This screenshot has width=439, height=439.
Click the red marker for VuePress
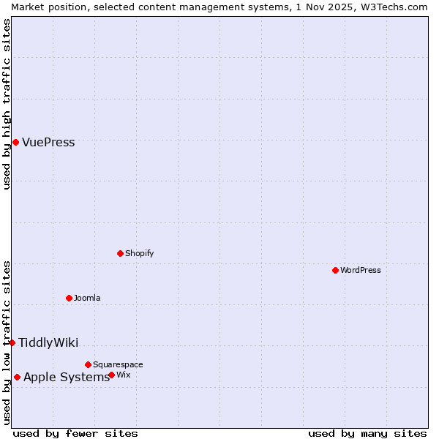(x=15, y=142)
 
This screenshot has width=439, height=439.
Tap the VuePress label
(x=48, y=143)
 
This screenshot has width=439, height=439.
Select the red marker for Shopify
(x=120, y=253)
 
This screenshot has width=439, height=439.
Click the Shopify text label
(x=139, y=254)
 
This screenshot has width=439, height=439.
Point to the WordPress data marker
(x=335, y=270)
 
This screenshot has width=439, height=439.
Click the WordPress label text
(x=360, y=271)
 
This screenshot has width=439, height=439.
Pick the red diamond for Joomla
(x=69, y=298)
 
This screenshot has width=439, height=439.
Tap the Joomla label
(x=87, y=299)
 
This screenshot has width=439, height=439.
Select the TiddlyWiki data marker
(x=12, y=342)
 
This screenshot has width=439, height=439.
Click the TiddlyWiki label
(x=48, y=343)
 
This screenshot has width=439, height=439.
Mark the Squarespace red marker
(x=88, y=364)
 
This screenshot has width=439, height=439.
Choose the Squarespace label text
(x=118, y=365)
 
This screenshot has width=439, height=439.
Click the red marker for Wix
(x=111, y=375)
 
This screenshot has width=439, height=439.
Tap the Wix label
(x=124, y=375)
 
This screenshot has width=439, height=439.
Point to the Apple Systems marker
(x=17, y=377)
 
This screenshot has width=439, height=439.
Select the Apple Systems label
(x=67, y=378)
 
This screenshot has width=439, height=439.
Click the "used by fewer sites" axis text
(x=75, y=433)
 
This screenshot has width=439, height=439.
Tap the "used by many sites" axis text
(x=367, y=433)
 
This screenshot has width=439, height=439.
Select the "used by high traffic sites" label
(x=7, y=104)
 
